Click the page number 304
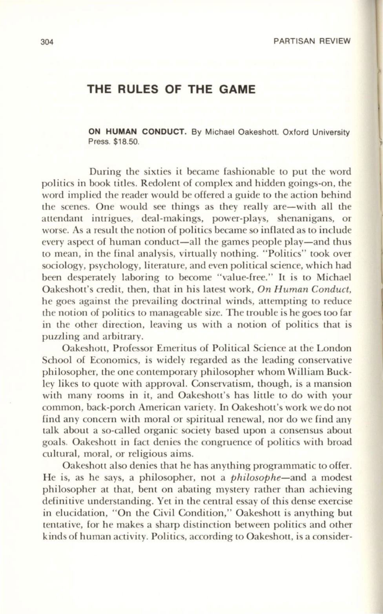(47, 41)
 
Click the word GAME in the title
(237, 90)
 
